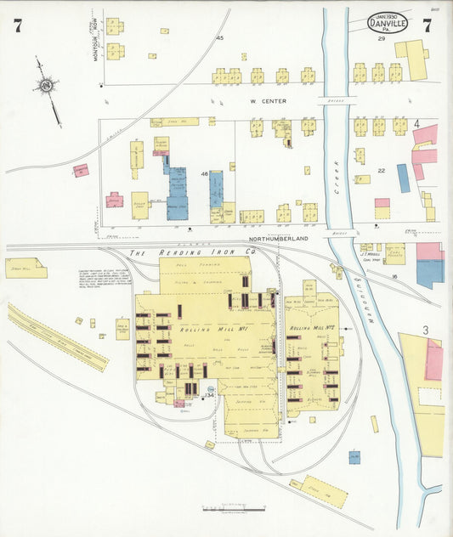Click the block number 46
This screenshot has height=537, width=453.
[x=204, y=173]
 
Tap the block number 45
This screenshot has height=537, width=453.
[x=219, y=38]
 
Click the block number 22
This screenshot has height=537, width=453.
[x=382, y=171]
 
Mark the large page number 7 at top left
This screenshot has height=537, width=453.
[x=18, y=25]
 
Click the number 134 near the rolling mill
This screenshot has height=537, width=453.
[x=209, y=395]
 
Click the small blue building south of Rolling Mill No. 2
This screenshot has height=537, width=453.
[x=354, y=457]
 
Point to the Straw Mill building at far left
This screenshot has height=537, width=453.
[x=25, y=268]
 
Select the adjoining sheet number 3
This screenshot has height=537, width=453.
[x=424, y=330]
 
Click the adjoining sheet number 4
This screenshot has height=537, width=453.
[x=416, y=124]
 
